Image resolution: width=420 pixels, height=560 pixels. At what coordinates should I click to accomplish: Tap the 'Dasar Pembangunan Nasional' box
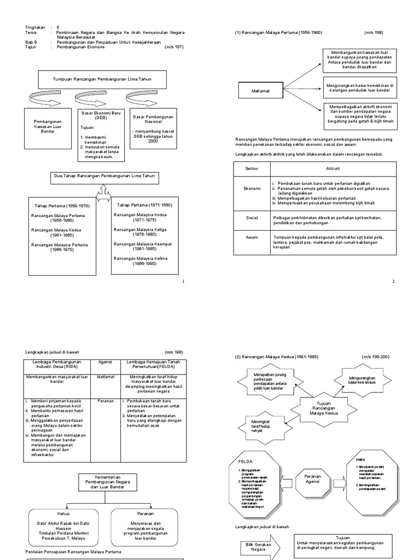click(x=153, y=129)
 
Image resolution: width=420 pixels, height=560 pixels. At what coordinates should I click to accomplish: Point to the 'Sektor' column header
click(x=252, y=168)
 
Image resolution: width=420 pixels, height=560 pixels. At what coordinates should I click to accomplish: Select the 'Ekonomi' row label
click(x=252, y=188)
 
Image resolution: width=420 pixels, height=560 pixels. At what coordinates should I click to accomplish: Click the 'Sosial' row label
click(x=252, y=218)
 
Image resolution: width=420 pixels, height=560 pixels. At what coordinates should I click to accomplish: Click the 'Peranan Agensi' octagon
click(x=312, y=480)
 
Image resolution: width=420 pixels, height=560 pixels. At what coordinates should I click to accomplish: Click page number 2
click(x=393, y=281)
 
